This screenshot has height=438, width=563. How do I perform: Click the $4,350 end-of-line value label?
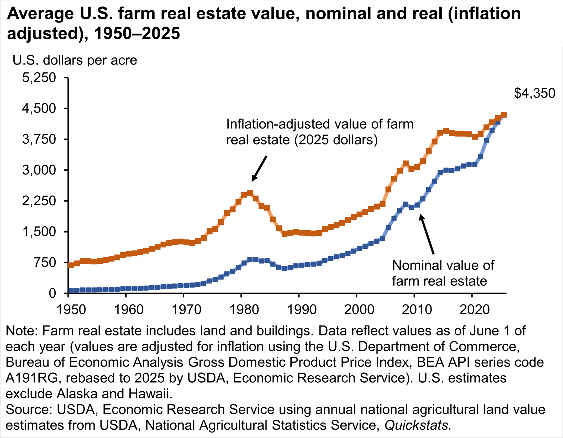point(534,93)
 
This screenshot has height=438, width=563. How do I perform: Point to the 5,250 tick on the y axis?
point(39,78)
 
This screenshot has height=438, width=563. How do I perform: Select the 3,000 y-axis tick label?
point(39,170)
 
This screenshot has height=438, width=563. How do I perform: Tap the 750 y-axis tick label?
point(45,263)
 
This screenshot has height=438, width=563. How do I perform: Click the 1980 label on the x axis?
point(244,309)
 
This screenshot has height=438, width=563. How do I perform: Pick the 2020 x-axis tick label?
point(475,309)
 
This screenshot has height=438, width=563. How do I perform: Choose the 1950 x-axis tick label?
point(71,309)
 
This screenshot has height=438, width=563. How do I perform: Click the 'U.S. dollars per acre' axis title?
point(75,60)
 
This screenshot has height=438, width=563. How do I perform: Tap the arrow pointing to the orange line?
point(259,169)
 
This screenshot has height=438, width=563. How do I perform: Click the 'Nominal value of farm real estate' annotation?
point(443,273)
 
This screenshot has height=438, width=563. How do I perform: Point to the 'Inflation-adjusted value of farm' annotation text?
point(320,124)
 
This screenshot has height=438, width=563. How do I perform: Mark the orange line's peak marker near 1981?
point(250,193)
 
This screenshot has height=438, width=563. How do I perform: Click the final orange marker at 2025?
point(504,115)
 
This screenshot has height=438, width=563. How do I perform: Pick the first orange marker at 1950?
point(71,265)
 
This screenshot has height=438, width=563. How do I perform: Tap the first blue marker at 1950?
point(71,291)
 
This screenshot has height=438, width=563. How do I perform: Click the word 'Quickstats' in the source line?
point(418,425)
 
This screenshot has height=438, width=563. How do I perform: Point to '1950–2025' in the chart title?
point(137,34)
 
